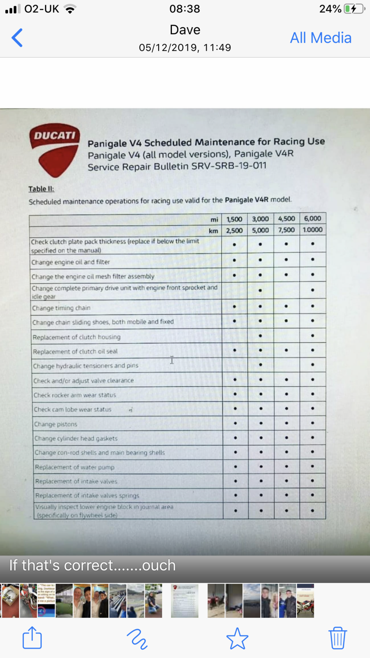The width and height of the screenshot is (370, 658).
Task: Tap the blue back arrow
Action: coord(17,38)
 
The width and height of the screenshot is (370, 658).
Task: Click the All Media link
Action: coord(321,38)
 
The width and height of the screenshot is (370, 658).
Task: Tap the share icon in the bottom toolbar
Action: coord(32,638)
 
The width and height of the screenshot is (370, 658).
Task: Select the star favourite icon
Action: coord(237,638)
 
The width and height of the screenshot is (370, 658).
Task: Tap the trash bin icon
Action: coord(338,638)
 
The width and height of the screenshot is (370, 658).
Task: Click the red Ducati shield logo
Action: coord(54,149)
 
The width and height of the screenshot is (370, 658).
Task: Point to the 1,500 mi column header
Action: coord(234,219)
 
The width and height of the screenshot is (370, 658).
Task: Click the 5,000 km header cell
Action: coord(260,230)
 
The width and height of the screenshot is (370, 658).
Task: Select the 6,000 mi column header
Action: coord(312,218)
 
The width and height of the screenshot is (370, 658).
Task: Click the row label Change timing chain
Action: coord(61,308)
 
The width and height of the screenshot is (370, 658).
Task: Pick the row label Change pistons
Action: coord(55,424)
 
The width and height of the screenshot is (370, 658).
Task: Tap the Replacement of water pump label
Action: coord(74,467)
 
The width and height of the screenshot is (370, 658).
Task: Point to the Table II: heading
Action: coord(41,189)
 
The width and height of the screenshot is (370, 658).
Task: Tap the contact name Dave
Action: coord(185,30)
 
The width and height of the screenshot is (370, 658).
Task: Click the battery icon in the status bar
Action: coord(354,9)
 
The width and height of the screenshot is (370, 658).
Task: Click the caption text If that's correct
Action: coord(92,565)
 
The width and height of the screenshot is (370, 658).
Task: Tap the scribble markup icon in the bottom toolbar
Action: coord(137,639)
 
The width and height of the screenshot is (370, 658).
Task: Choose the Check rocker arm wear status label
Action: coord(74,395)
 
